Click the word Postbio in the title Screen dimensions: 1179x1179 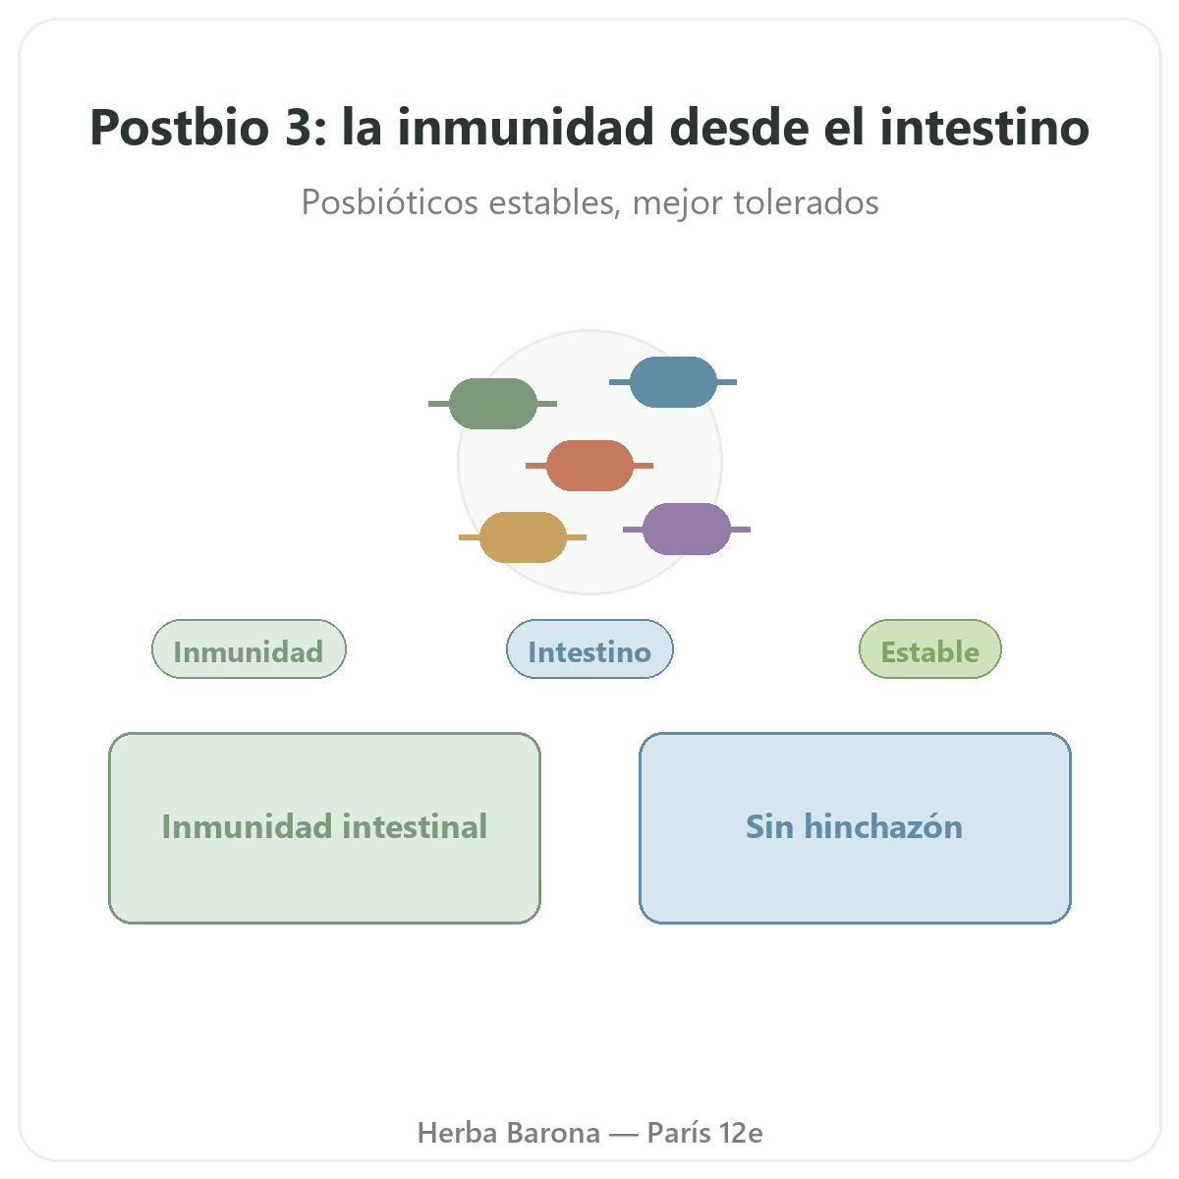pos(179,128)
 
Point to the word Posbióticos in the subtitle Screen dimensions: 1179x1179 pos(390,202)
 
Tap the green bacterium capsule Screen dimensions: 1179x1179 pos(492,403)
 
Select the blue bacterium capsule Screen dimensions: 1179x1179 pos(673,382)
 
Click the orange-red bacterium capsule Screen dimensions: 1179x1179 pos(589,466)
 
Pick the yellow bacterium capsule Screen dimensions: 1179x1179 pos(523,537)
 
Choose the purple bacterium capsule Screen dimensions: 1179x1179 pos(687,530)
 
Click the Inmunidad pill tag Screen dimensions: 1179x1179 pos(249,649)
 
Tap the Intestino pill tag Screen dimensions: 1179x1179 pos(589,649)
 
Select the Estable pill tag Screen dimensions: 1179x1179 pos(930,649)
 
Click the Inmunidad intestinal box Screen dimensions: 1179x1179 pos(324,828)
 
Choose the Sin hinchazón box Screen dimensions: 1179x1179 pos(855,828)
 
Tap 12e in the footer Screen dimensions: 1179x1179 pos(741,1133)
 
